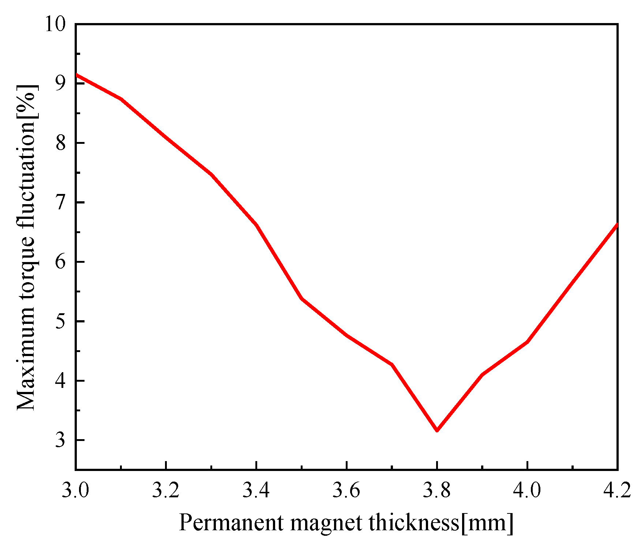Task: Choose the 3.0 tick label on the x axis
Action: [x=75, y=490]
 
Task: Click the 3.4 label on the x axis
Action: [x=256, y=490]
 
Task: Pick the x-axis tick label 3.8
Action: [x=436, y=490]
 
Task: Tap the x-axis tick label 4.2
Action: [x=618, y=490]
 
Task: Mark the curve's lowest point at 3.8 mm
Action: [x=437, y=430]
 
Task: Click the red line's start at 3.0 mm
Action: [x=76, y=75]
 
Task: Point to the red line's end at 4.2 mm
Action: [x=617, y=225]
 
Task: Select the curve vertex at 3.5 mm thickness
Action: [x=301, y=299]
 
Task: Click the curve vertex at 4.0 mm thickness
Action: [x=527, y=342]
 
